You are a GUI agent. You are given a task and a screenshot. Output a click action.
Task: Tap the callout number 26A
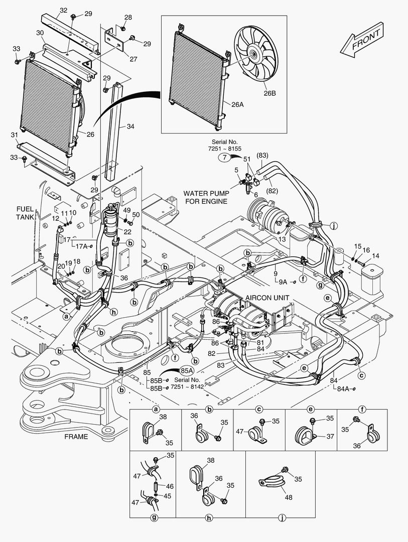(238, 105)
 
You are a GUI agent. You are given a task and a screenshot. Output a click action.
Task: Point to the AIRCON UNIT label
(267, 298)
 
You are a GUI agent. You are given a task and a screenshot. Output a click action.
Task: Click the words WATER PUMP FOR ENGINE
(206, 197)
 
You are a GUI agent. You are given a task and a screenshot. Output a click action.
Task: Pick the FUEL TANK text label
(25, 213)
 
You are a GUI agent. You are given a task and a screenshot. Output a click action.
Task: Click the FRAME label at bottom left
(76, 436)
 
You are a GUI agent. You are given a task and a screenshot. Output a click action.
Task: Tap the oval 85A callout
(187, 370)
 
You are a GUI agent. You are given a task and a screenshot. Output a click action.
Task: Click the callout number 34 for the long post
(130, 126)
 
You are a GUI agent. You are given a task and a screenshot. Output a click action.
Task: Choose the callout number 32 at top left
(63, 10)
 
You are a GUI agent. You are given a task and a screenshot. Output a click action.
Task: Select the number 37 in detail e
(330, 437)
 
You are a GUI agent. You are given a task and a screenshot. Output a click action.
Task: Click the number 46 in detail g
(170, 486)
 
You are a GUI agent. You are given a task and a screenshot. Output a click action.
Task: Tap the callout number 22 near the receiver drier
(127, 231)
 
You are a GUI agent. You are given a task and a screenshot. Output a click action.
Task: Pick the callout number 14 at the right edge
(376, 256)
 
